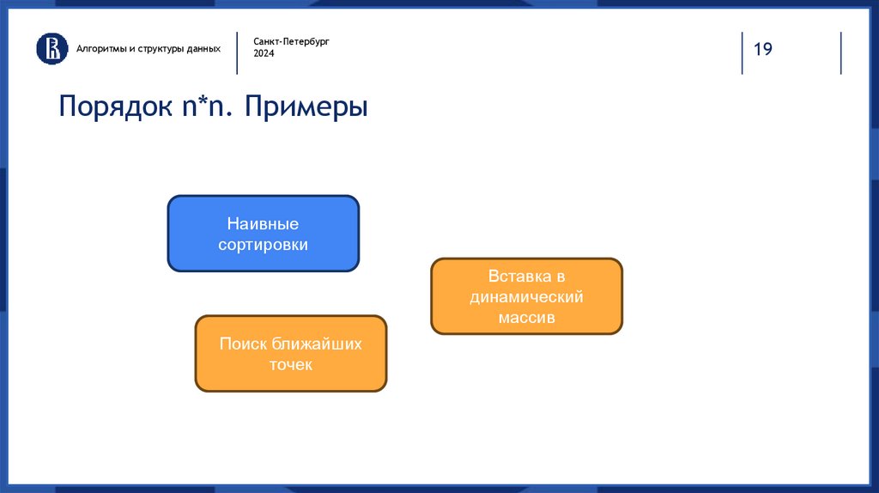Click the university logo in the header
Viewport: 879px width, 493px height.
tap(52, 48)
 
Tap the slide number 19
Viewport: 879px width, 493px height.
tap(763, 49)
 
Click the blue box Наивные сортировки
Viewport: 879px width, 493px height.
tap(263, 234)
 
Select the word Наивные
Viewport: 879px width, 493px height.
tap(263, 224)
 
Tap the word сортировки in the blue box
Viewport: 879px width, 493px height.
tap(263, 245)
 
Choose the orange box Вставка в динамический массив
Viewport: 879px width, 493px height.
tap(526, 296)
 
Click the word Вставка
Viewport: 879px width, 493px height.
tap(516, 277)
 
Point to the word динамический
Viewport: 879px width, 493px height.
tap(526, 297)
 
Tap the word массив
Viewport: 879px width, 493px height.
tap(526, 318)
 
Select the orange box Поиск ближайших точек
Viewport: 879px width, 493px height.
tap(290, 354)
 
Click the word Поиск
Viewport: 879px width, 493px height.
tap(244, 344)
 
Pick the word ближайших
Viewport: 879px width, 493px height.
tap(317, 344)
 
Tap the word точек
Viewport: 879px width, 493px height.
tap(290, 365)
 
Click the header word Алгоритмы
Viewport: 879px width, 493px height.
tap(101, 48)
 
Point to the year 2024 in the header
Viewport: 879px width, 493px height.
tap(264, 54)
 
